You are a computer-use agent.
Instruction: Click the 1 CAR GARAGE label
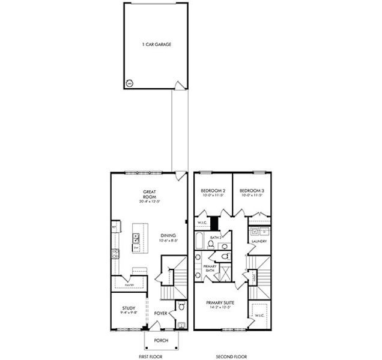153,44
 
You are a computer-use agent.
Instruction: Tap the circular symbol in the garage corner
129,84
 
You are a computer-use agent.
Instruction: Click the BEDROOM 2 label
212,190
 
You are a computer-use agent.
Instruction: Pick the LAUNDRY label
259,241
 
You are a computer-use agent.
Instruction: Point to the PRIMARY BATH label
210,268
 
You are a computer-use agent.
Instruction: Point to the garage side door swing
177,86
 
